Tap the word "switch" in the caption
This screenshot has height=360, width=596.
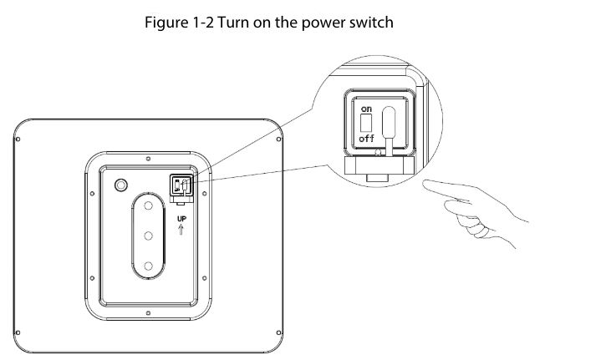pos(373,23)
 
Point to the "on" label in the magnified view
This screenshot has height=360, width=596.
pos(366,109)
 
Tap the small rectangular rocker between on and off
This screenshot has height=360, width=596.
pos(365,124)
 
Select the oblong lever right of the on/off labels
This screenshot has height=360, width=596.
pos(388,125)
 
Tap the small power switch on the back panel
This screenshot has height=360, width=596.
pos(181,186)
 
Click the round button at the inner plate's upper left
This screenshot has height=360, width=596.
pos(121,184)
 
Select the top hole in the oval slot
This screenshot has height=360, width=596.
pos(148,205)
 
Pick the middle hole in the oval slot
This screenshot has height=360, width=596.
pos(148,236)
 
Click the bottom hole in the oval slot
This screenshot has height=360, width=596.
pos(148,266)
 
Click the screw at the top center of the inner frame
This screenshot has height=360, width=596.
pos(148,155)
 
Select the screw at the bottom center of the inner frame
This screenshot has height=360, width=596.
pos(148,315)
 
